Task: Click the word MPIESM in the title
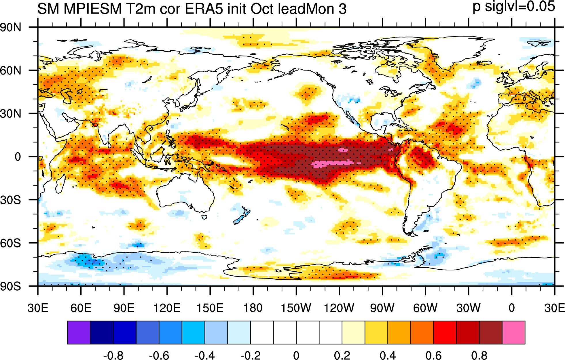93,9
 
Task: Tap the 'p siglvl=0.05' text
514,7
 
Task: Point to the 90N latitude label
11,28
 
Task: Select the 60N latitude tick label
11,71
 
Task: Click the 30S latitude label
11,200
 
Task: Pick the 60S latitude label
11,243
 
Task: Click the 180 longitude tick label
253,308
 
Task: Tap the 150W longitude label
296,308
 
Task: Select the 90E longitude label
124,308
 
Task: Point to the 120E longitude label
167,308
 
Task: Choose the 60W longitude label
425,308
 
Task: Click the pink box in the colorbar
513,333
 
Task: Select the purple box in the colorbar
79,333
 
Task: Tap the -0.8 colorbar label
113,356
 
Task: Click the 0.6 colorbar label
433,356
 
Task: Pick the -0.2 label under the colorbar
251,356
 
